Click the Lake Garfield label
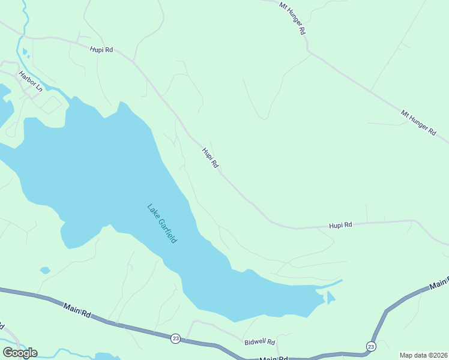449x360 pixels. point(162,223)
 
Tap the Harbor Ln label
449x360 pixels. point(31,81)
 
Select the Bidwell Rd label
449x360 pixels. point(260,341)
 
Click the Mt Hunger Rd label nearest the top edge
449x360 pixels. point(293,17)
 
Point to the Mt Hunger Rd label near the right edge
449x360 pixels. point(418,124)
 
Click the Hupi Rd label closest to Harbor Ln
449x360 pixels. point(101,50)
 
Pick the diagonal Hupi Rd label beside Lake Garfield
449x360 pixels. point(210,158)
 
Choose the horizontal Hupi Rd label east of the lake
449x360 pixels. point(340,225)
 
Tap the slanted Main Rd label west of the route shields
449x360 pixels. point(77,310)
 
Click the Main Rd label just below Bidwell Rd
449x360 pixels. point(274,358)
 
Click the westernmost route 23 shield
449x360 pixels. point(175,338)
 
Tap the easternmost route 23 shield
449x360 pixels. point(371,347)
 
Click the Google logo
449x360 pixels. point(20,352)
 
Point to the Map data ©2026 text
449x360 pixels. point(423,355)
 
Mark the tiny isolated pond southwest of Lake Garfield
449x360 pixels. point(45,270)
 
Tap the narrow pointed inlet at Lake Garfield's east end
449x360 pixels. point(333,283)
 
